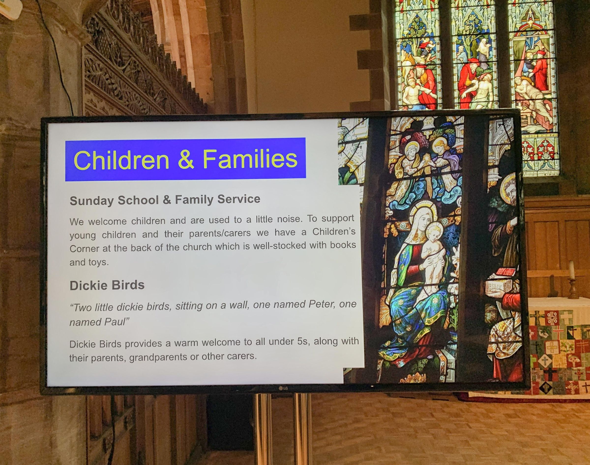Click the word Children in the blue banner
coord(122,160)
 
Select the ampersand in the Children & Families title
coord(186,160)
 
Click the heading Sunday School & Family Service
coord(165,200)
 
